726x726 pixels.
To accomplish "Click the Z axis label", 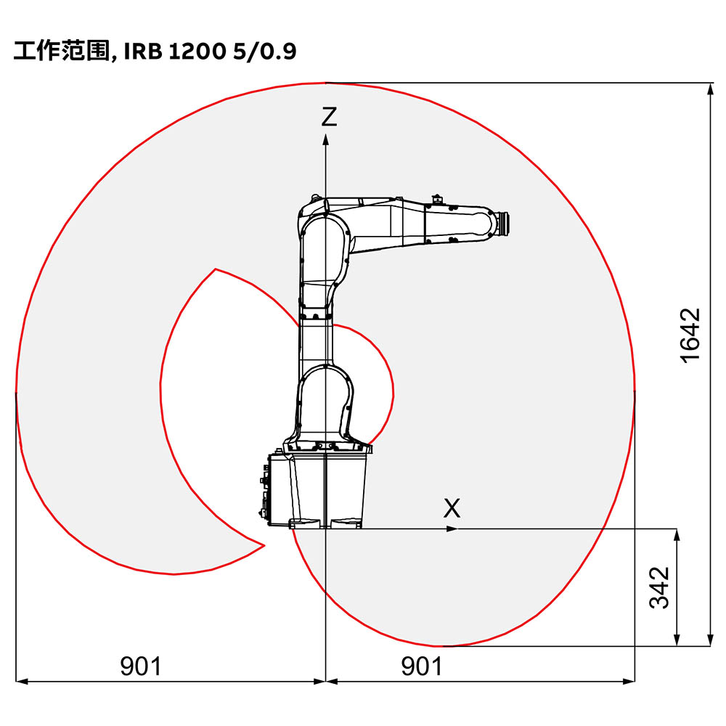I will click(x=330, y=117).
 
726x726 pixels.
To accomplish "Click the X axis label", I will click(x=452, y=508).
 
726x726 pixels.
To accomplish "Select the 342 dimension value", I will click(x=658, y=587).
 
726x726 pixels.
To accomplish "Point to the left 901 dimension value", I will click(x=141, y=665).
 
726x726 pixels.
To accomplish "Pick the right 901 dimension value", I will click(x=422, y=665).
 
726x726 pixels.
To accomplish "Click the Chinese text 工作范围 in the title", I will click(x=60, y=52).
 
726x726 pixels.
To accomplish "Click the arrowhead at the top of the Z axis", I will click(x=325, y=140).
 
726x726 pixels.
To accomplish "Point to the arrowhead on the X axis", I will click(x=452, y=529).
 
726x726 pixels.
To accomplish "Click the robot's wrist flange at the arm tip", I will click(x=502, y=221).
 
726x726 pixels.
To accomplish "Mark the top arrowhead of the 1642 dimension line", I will click(x=709, y=89).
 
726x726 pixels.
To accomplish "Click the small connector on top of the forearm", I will click(x=436, y=198).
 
